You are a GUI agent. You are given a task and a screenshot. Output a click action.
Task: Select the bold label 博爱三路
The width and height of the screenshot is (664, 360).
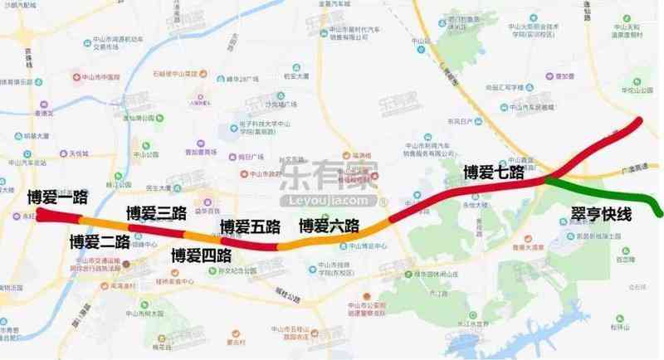coord(156,213)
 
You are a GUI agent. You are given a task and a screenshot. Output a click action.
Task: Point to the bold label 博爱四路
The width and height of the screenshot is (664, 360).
coord(200,255)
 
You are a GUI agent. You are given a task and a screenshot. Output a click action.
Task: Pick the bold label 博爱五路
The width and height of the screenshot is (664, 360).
coord(250,226)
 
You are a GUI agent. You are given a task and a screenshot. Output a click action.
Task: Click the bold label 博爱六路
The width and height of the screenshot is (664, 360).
coord(330,225)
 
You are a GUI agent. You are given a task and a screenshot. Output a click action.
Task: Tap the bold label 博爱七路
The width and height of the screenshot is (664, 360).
coord(495,173)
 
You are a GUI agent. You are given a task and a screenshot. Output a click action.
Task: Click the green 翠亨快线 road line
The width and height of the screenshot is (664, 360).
coord(631,192)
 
